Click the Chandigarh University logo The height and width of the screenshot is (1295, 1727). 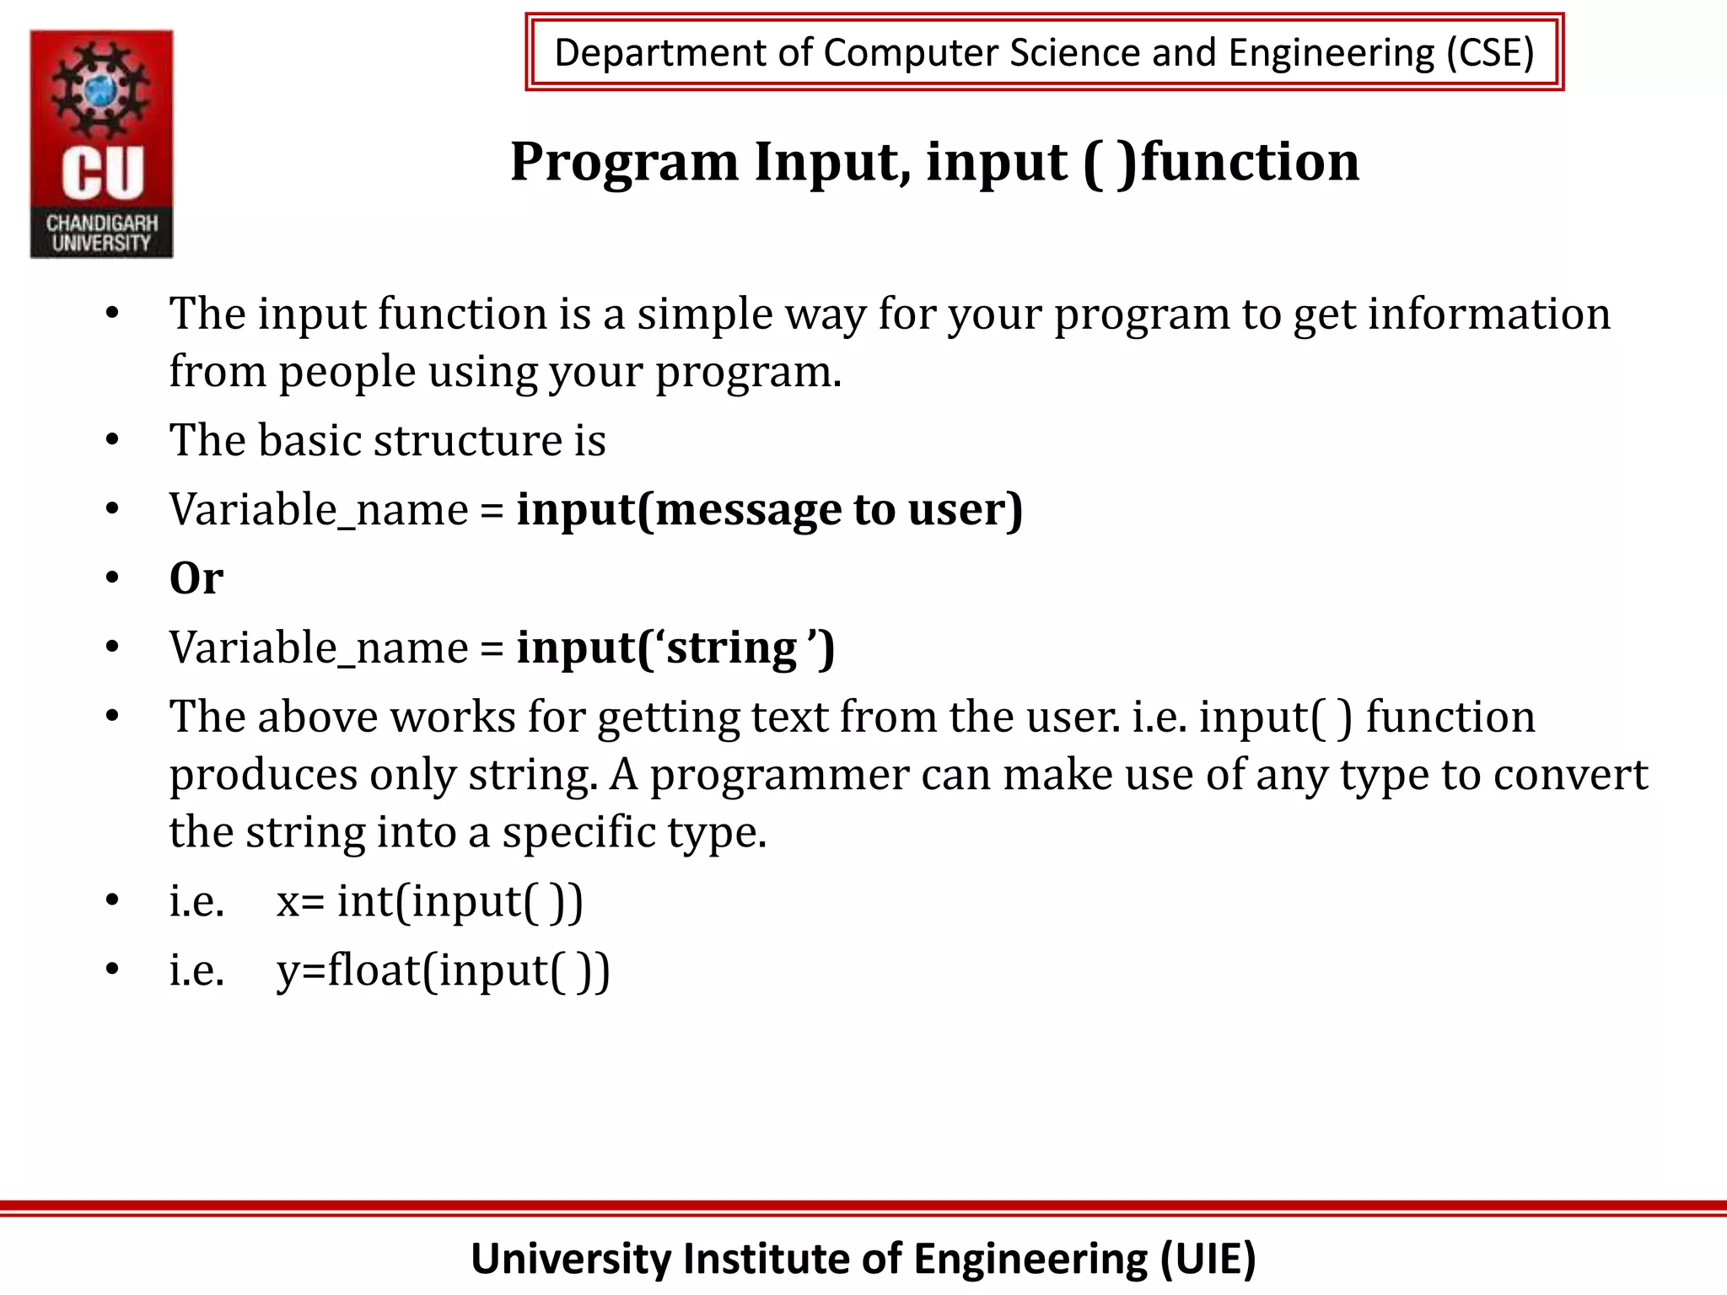pyautogui.click(x=101, y=143)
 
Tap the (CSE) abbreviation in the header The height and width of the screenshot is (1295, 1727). pyautogui.click(x=1489, y=53)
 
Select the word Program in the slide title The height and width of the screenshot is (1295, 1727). pyautogui.click(x=624, y=162)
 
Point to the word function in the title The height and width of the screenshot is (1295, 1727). pyautogui.click(x=1250, y=162)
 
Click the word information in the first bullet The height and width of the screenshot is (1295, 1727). pyautogui.click(x=1488, y=314)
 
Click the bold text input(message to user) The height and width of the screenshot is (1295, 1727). pyautogui.click(x=769, y=510)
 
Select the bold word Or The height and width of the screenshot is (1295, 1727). pyautogui.click(x=196, y=579)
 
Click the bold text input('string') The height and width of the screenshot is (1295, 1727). pyautogui.click(x=675, y=648)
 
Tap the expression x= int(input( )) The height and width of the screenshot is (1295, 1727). pyautogui.click(x=429, y=901)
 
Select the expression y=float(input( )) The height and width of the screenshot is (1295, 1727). pyautogui.click(x=443, y=970)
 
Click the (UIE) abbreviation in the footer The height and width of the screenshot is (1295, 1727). pyautogui.click(x=1208, y=1259)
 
